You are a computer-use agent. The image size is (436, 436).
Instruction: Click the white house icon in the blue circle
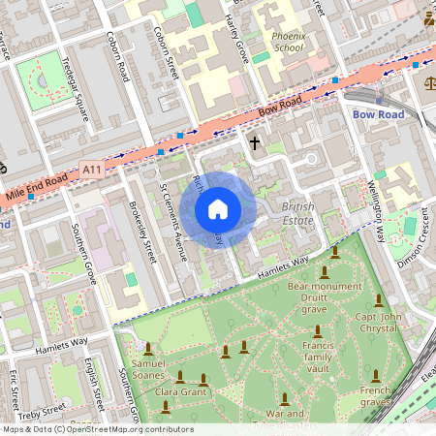[218, 209]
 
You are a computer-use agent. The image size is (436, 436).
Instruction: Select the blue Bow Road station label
[377, 114]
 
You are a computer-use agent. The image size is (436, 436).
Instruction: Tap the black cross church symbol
[255, 143]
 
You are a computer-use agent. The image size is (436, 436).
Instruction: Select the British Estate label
[297, 214]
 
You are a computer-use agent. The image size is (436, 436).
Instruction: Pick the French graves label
[374, 395]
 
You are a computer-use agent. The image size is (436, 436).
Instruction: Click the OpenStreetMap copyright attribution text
[97, 429]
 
